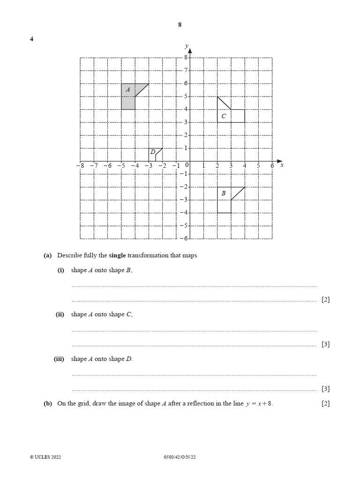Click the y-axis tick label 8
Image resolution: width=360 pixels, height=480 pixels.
coord(185,58)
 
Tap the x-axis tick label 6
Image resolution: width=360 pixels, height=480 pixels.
coord(272,165)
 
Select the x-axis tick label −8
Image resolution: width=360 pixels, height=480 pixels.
coord(79,165)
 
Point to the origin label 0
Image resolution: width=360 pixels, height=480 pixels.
coord(187,165)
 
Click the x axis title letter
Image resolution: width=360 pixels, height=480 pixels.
coord(282,165)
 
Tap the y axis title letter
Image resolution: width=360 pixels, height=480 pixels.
coord(186,45)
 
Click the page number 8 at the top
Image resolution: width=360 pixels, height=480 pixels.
coord(180,25)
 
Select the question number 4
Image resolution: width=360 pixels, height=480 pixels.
coord(31,39)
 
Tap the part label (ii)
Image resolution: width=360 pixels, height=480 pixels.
coord(60,315)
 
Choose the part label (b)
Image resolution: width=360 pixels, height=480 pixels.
coord(47,403)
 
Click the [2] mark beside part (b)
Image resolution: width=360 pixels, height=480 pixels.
coord(325,403)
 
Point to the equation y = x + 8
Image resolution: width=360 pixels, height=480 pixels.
coord(259,404)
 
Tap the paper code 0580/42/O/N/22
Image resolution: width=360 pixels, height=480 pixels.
coord(180,457)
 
